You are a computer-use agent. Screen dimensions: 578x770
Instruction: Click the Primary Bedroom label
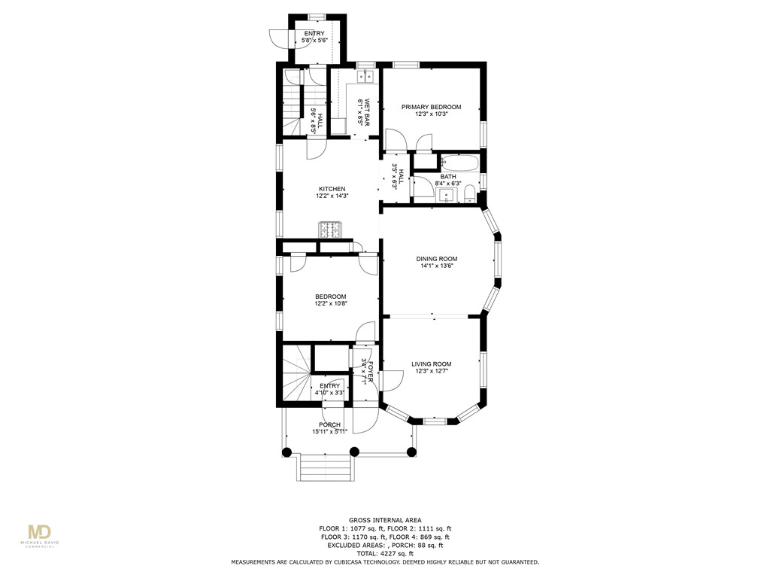tap(431, 107)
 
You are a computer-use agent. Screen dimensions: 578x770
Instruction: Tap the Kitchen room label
tap(332, 189)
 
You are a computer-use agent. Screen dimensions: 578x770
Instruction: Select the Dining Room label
tap(436, 259)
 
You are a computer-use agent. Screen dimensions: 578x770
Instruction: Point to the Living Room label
tap(431, 364)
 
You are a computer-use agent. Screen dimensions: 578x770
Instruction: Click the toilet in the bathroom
tap(469, 195)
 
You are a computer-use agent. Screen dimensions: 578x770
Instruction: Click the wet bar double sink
tap(365, 77)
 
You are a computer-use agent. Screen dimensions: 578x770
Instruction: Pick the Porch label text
tap(330, 424)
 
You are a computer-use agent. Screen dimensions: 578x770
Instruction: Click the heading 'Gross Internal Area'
tap(384, 520)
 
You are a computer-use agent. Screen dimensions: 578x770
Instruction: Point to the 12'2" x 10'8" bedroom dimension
tap(331, 304)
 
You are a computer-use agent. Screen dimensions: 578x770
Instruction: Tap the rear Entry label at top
tap(314, 34)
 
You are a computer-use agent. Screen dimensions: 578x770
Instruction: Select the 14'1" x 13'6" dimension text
tap(436, 266)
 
